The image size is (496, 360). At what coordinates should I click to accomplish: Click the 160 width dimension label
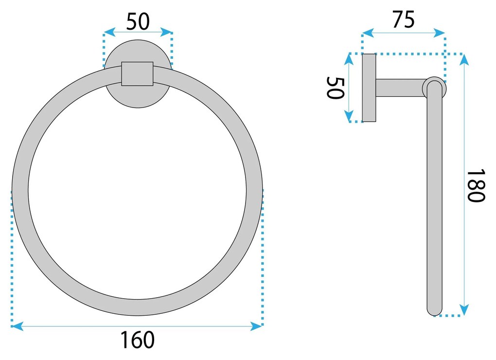(x=138, y=340)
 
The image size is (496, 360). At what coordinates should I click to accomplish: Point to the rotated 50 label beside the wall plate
(x=335, y=88)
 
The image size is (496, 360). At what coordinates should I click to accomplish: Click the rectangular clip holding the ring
(x=137, y=73)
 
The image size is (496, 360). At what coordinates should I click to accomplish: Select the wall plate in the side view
(x=369, y=88)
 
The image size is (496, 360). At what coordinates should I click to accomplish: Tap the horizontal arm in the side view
(x=399, y=88)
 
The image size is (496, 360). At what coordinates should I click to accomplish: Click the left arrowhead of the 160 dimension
(x=16, y=326)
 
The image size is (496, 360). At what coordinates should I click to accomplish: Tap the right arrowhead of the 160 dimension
(x=257, y=326)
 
